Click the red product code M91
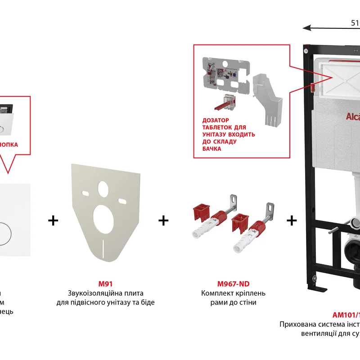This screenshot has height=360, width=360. click(x=105, y=284)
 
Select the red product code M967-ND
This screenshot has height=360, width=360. click(x=233, y=284)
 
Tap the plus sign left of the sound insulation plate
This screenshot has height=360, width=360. click(x=53, y=220)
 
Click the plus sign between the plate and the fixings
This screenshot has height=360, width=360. click(x=163, y=220)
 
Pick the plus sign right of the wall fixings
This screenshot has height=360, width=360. click(x=292, y=220)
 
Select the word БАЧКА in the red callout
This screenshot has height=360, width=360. click(x=211, y=148)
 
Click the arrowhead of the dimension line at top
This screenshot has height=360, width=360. click(x=306, y=27)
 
